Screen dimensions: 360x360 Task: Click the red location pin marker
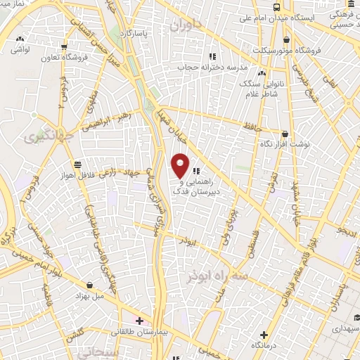181,165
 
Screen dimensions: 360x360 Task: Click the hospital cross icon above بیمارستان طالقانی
140,321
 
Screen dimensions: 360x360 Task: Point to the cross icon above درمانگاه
264,335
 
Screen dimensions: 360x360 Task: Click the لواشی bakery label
21,51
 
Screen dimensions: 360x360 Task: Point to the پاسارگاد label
134,33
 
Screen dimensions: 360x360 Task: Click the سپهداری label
342,328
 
